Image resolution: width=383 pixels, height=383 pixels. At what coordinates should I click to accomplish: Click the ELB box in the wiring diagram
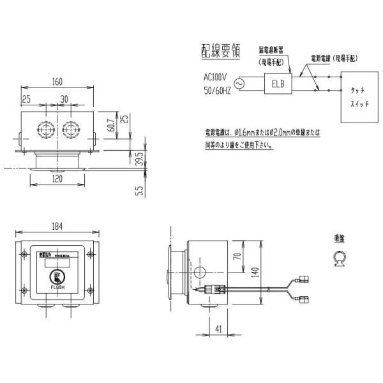click(278, 83)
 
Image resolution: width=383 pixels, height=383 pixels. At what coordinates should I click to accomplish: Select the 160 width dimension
click(58, 82)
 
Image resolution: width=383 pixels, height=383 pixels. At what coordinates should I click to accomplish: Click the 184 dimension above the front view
click(58, 227)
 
